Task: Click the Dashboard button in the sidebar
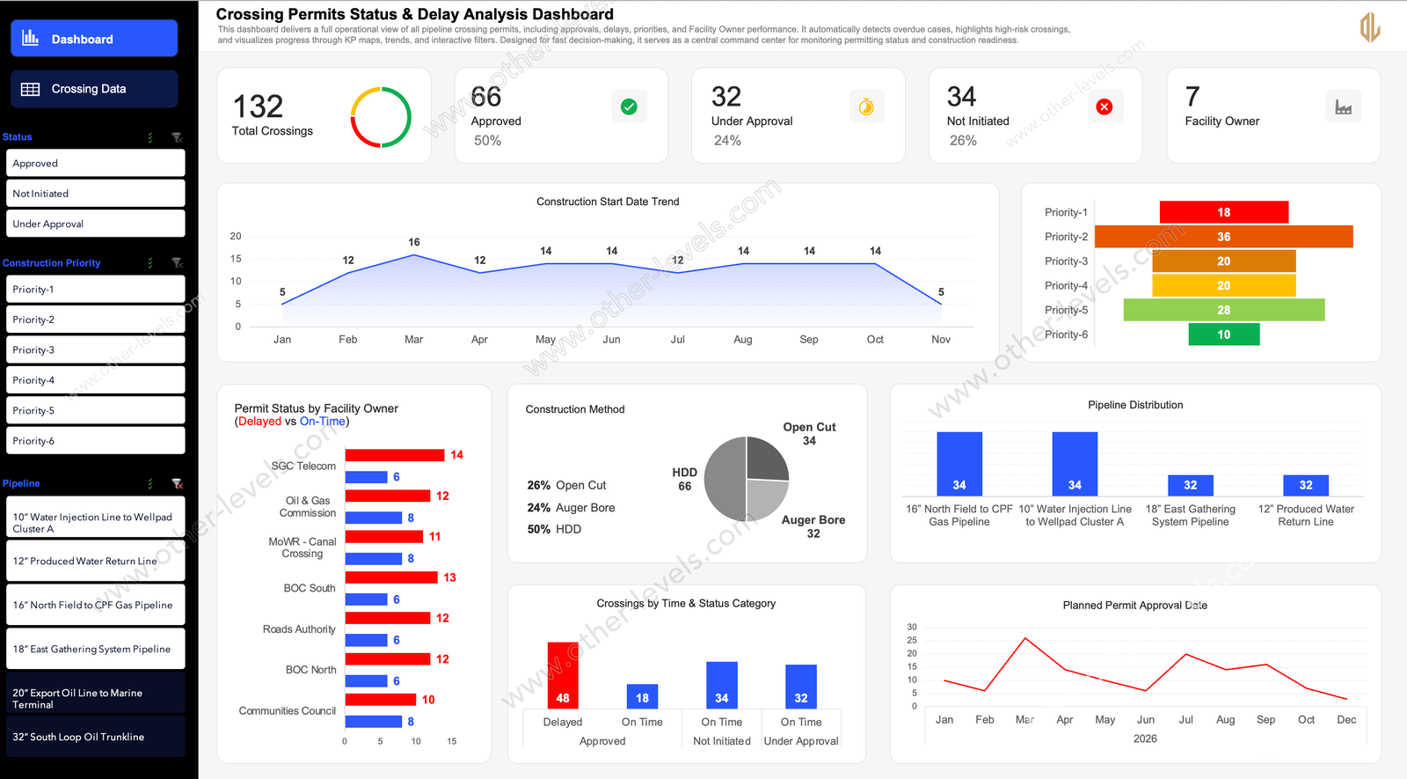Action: coord(94,39)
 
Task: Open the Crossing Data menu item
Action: coord(94,89)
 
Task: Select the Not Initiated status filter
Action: coord(95,194)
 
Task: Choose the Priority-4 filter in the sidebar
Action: coord(95,380)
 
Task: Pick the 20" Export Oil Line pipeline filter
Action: coord(95,698)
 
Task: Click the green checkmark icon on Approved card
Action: coord(629,107)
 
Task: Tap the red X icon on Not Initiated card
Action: coord(1104,107)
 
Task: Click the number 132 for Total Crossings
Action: coord(258,107)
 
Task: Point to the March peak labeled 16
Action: coord(413,255)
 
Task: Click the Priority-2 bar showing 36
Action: coord(1223,237)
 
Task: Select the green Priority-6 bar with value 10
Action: coord(1223,334)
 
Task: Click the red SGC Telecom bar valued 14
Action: coord(394,455)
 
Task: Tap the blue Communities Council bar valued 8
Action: coord(373,722)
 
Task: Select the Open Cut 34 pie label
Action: coord(809,433)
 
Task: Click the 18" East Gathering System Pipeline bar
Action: coord(1190,485)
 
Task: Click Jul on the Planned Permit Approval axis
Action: coord(1185,719)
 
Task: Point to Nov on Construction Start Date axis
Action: coord(940,339)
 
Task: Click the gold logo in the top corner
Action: coord(1369,27)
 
